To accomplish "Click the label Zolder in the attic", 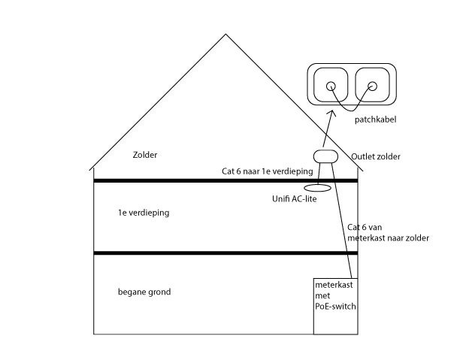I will [x=145, y=155].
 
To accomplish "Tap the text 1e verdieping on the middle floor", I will [x=144, y=213].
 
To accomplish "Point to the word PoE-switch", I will [x=335, y=307].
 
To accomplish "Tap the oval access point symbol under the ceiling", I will [x=318, y=186].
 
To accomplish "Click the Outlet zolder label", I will [x=376, y=156].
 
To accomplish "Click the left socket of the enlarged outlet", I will [x=330, y=87].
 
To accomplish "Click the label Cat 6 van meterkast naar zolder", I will [x=388, y=232].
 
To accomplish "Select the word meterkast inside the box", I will [x=334, y=286].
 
